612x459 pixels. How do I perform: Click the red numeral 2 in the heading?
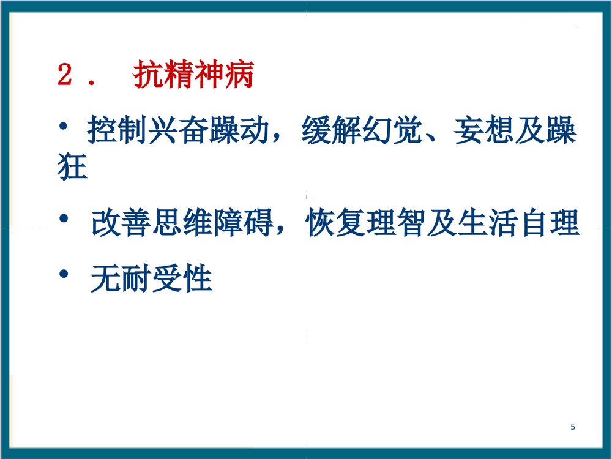coord(65,76)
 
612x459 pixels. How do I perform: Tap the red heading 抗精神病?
coord(193,76)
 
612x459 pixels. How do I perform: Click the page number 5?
coord(573,427)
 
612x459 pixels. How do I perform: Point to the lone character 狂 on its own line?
coord(72,166)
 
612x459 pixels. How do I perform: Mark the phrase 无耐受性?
coord(151,281)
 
